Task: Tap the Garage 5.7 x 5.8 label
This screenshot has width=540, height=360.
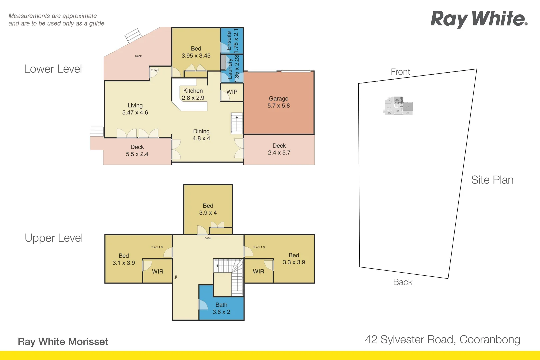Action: (x=279, y=102)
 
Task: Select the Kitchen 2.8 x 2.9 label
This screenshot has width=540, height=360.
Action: (x=193, y=94)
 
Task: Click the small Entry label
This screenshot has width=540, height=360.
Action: (x=154, y=70)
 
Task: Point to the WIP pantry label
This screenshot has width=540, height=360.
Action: (x=232, y=92)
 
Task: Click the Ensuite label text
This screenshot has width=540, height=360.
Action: (x=229, y=41)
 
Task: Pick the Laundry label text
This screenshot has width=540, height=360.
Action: (x=230, y=69)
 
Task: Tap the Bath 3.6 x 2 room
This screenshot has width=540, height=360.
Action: (x=221, y=308)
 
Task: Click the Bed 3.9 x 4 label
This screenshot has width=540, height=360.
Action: (x=208, y=209)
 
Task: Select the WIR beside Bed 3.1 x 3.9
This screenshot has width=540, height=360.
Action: (x=158, y=272)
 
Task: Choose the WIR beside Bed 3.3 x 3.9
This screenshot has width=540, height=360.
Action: (x=258, y=271)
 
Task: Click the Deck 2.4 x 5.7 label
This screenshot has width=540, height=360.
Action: (x=279, y=149)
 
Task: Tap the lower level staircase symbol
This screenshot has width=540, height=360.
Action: (x=237, y=123)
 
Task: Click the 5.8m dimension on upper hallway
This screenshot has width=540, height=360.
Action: (x=208, y=238)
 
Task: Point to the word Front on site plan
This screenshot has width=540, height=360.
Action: (x=400, y=72)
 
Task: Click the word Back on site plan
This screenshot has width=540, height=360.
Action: (x=403, y=282)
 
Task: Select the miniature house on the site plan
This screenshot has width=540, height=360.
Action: (x=398, y=106)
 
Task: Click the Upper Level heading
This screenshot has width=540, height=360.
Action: (x=54, y=238)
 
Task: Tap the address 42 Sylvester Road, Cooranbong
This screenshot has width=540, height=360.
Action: (x=442, y=340)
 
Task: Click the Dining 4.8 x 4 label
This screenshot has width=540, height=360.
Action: (x=201, y=135)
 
